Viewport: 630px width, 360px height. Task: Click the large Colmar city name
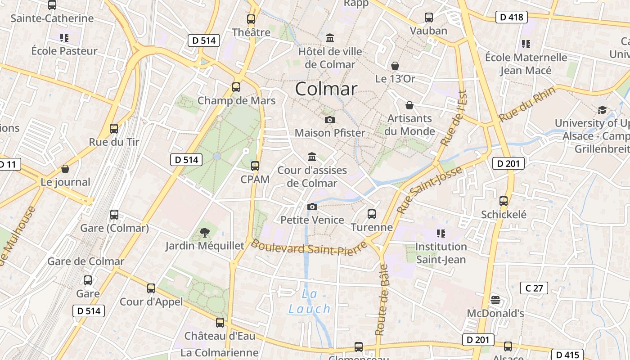point(326,89)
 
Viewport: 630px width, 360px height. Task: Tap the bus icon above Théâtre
point(251,19)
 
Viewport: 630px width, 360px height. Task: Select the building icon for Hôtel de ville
point(330,38)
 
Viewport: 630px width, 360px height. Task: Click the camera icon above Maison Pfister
point(330,120)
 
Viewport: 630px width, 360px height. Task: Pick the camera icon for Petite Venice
point(312,207)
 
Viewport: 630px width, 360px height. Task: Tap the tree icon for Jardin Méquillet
point(205,233)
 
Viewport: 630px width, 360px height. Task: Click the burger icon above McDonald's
point(495,300)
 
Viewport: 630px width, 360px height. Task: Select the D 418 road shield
point(511,18)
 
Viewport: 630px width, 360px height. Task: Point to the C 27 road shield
point(534,288)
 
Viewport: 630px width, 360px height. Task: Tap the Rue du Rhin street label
point(527,103)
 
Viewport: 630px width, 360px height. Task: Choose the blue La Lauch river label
point(310,301)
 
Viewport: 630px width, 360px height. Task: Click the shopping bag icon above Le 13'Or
point(395,66)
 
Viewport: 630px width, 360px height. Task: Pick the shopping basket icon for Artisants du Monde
point(409,105)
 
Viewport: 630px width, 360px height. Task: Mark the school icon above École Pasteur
point(64,37)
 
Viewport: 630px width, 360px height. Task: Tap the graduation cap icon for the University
point(602,110)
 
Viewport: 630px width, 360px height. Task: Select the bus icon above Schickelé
point(504,201)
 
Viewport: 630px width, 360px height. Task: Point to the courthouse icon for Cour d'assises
point(311,157)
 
